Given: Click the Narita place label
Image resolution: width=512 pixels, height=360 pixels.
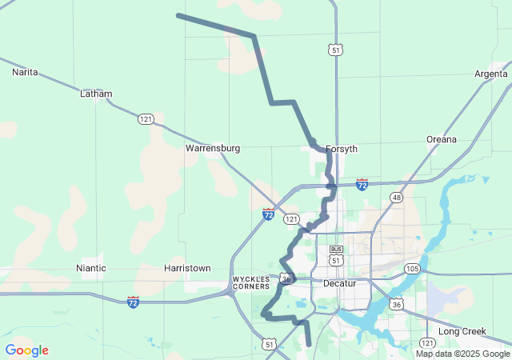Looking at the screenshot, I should pos(25,72).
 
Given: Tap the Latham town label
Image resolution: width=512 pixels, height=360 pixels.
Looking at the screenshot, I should pos(96,94).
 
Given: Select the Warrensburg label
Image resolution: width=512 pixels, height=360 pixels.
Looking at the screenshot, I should pos(214,148).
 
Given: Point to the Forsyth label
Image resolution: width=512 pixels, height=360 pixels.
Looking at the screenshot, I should pos(342,149).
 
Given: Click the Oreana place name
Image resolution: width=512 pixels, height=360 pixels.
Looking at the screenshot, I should pos(441,139).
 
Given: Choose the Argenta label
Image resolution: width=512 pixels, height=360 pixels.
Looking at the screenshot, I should pos(490,74).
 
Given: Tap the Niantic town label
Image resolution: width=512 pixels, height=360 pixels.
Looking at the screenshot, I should pos(91,268).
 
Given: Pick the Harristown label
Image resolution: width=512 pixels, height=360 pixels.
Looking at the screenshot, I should pos(187,268).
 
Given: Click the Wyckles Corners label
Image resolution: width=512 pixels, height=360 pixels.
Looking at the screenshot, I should pos(251,283).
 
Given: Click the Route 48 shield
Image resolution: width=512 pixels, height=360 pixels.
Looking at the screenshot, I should pos(396,197).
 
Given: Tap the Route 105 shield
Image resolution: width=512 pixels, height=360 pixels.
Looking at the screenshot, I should pos(412,268).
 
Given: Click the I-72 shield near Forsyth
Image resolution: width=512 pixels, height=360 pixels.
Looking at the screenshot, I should pos(362,185).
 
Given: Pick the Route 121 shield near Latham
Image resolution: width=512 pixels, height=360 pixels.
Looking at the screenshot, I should pos(145,118).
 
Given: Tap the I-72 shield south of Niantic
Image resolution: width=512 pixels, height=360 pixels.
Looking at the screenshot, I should pos(133,302).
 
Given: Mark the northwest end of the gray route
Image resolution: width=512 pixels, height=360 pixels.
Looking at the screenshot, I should pos(178,15).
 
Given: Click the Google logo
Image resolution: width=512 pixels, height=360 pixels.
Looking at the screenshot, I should pos(26,350).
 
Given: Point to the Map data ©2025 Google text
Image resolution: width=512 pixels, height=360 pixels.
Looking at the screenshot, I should pos(462,354).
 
